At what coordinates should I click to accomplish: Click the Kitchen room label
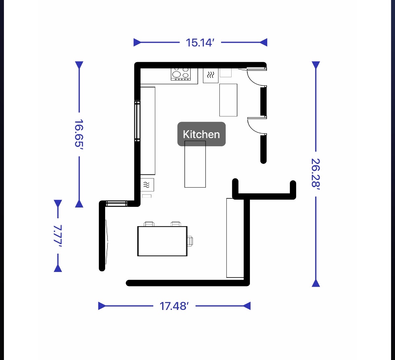click(201, 134)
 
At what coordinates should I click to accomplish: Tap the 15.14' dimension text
click(200, 43)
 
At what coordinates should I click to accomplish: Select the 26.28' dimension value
click(316, 174)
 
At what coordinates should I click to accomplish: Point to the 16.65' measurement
click(79, 134)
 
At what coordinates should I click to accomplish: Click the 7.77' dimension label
click(58, 236)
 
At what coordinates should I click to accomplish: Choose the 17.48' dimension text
click(174, 306)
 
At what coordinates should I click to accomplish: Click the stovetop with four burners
click(181, 74)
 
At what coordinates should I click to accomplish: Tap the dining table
click(162, 241)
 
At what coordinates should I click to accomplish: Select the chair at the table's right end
click(190, 241)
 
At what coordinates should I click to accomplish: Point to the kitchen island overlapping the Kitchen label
click(195, 164)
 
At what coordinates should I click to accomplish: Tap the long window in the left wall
click(138, 121)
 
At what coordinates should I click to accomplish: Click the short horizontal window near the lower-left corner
click(117, 204)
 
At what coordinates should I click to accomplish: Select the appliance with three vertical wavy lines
click(211, 75)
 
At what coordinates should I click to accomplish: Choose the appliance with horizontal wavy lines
click(147, 185)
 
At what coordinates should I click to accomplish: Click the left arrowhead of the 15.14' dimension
click(137, 42)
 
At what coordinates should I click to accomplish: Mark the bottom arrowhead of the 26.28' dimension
click(316, 283)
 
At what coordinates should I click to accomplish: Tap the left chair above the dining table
click(149, 224)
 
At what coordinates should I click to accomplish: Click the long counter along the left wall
click(148, 131)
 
